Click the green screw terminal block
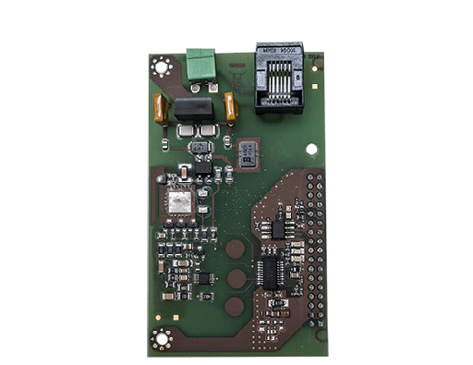pos(199,65)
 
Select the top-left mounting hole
pos(163,66)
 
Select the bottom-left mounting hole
pos(163,338)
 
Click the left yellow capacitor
pos(162,109)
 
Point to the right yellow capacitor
pos(230,109)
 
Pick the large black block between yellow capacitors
pos(193,109)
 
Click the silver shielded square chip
pos(180,202)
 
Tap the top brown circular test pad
pos(236,248)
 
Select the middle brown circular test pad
pos(236,277)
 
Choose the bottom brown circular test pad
pos(236,306)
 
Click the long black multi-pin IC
pos(272,272)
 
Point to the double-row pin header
pos(315,248)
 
